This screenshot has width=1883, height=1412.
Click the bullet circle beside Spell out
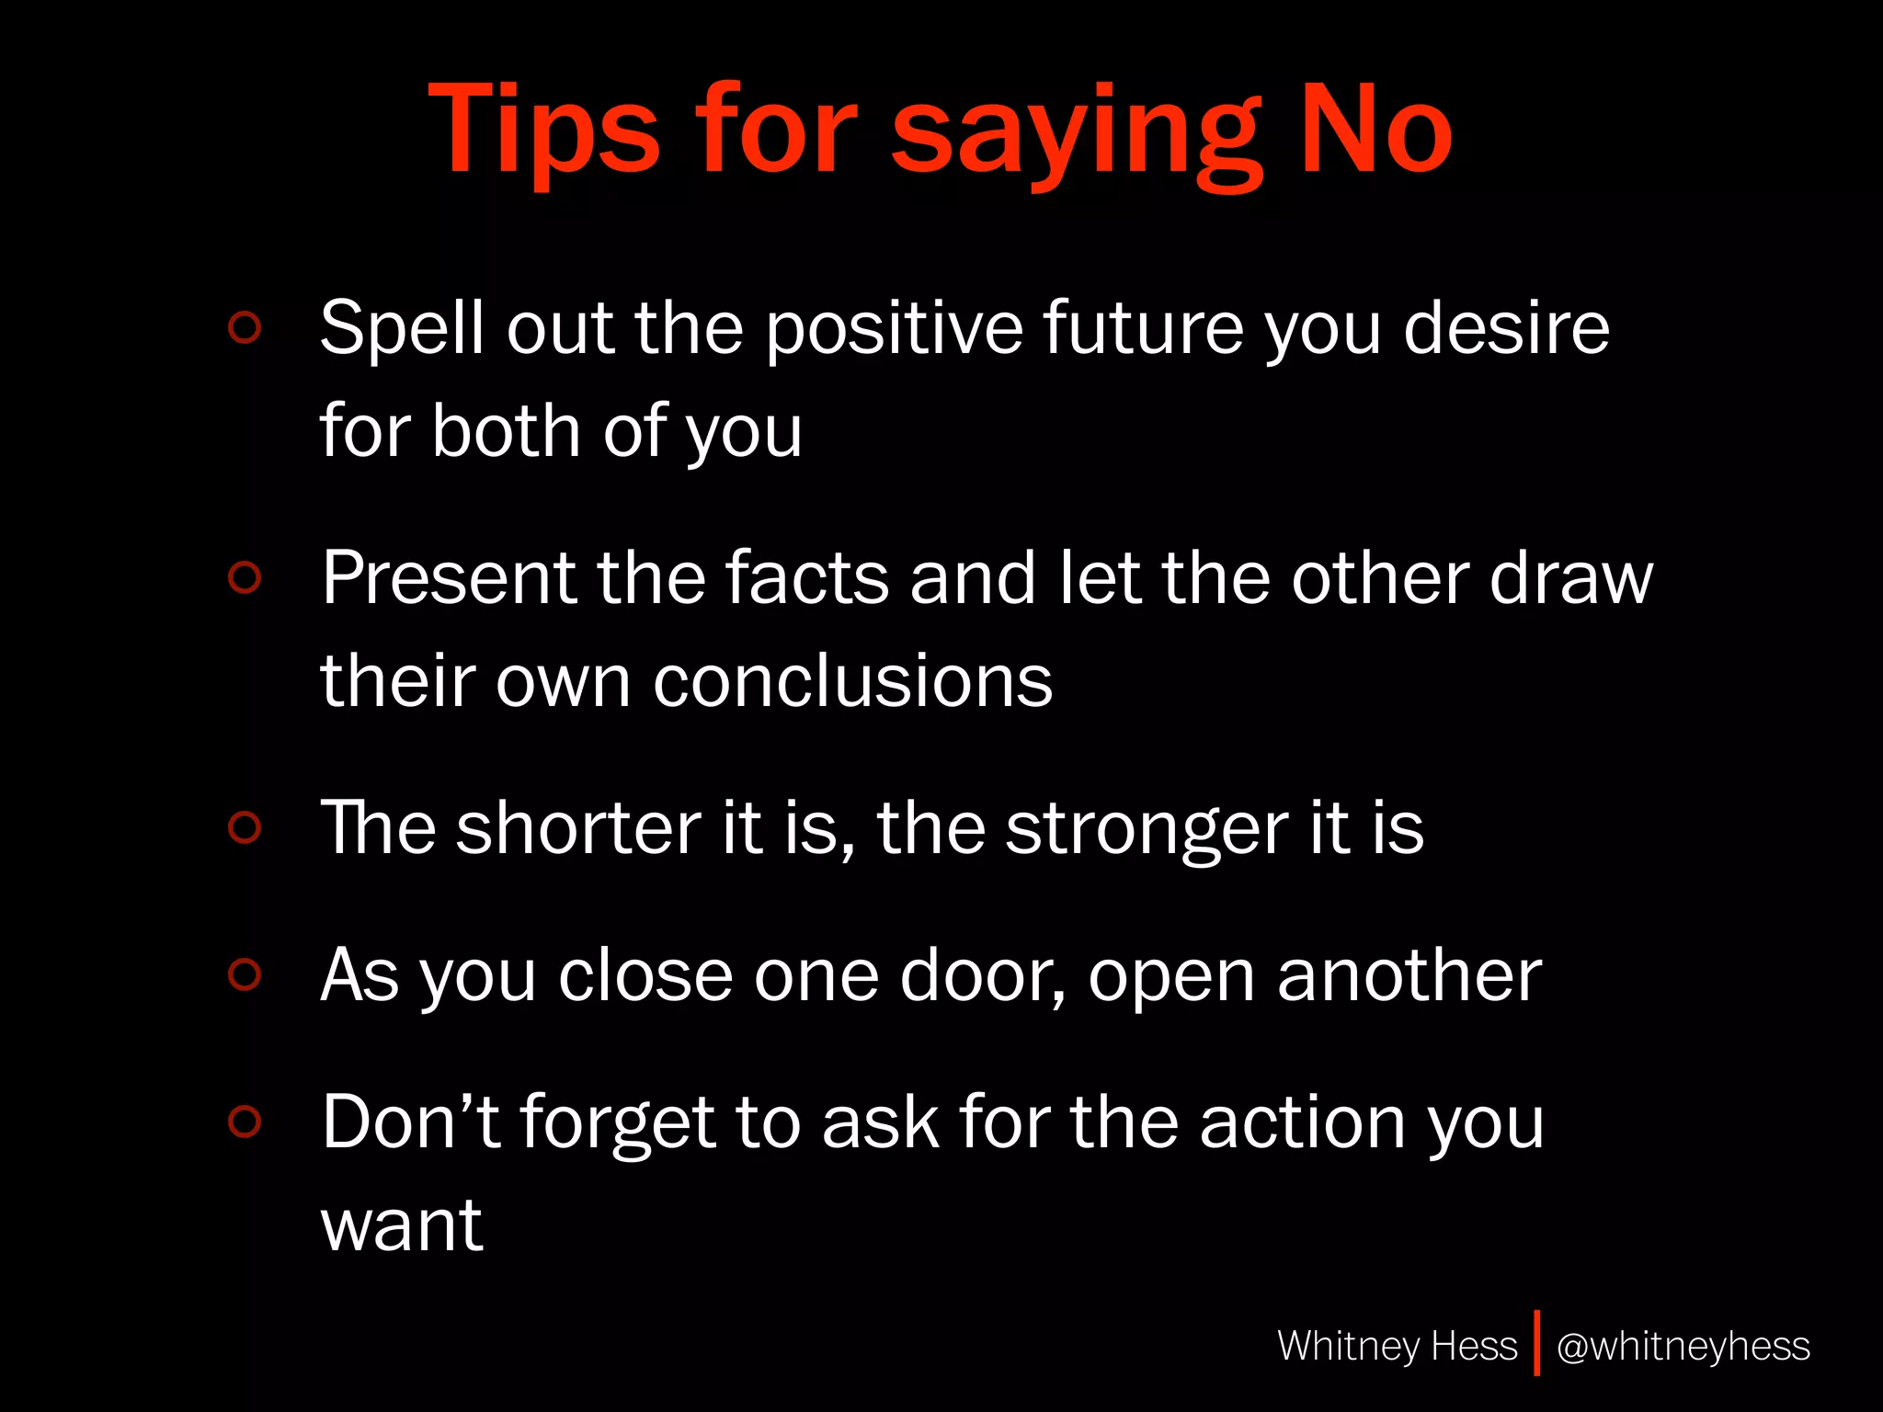coord(245,328)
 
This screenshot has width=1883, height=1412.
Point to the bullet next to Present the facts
coord(245,577)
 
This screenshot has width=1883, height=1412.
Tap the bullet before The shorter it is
coord(245,827)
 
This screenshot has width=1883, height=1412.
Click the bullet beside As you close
coord(245,974)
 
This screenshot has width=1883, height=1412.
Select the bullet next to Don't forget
coord(245,1122)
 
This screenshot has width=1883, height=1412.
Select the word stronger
coord(1144,830)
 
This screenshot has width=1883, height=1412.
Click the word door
coord(982,975)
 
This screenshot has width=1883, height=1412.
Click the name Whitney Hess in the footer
coord(1397,1346)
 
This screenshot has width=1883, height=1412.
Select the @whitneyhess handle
coord(1683,1347)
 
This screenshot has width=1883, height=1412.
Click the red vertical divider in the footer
coord(1536,1343)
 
